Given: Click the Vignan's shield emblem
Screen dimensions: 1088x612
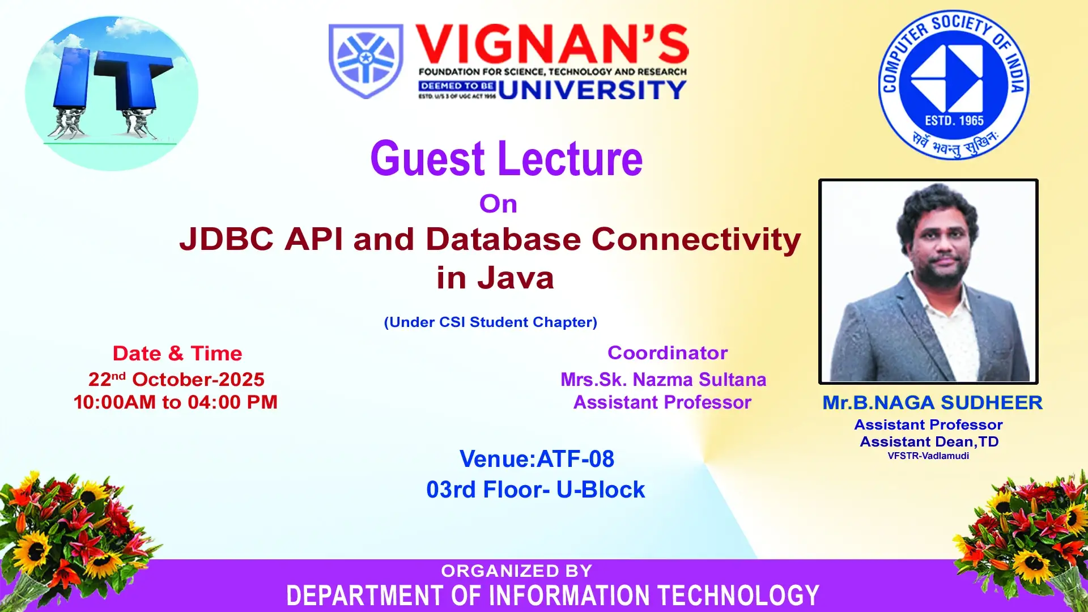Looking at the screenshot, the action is coord(366,61).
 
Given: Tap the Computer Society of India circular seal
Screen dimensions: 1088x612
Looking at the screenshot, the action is coord(954,85).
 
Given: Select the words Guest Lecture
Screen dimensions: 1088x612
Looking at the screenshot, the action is coord(507,159).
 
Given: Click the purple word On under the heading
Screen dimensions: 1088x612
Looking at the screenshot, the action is coord(498,204).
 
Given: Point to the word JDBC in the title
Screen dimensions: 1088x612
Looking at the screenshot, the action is coord(227,239).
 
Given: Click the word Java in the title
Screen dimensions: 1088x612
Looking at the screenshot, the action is coord(515,278).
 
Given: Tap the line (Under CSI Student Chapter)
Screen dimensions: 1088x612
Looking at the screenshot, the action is coord(491,322).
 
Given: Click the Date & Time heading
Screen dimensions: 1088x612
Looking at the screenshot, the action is coord(177,354).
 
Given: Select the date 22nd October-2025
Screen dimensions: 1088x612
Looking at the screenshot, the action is coord(176,379).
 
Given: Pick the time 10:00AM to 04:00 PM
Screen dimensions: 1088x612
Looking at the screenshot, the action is coord(176,402).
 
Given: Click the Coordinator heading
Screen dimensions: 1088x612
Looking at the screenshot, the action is coord(668,353).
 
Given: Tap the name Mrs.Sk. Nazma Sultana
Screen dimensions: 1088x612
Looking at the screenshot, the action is coord(663,379).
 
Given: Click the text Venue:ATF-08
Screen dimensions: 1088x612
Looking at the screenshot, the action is coord(537,459).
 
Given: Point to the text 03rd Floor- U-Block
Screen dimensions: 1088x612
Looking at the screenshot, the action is coord(535,490).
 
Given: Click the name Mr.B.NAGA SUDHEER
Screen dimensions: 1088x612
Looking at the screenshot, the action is coord(932,403).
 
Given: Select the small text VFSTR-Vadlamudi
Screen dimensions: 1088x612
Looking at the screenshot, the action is coord(928,456).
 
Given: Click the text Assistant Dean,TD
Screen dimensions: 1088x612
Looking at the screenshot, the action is coord(929,441).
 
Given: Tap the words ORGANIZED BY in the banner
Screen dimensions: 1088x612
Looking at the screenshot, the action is coord(517,571).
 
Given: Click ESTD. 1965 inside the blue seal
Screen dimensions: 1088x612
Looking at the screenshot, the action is coord(954,121).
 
